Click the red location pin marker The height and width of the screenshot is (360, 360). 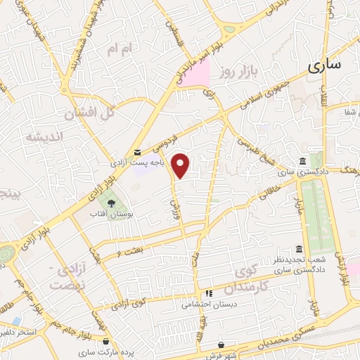181,165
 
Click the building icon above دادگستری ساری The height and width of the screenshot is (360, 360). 302,161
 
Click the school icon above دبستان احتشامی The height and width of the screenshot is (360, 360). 208,294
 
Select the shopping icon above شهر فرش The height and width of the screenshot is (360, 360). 222,345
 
